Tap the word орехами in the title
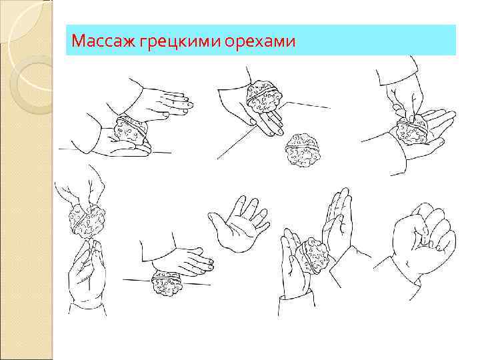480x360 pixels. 259,41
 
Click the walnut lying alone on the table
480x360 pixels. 303,150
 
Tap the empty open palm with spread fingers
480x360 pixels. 241,223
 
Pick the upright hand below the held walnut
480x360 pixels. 85,273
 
